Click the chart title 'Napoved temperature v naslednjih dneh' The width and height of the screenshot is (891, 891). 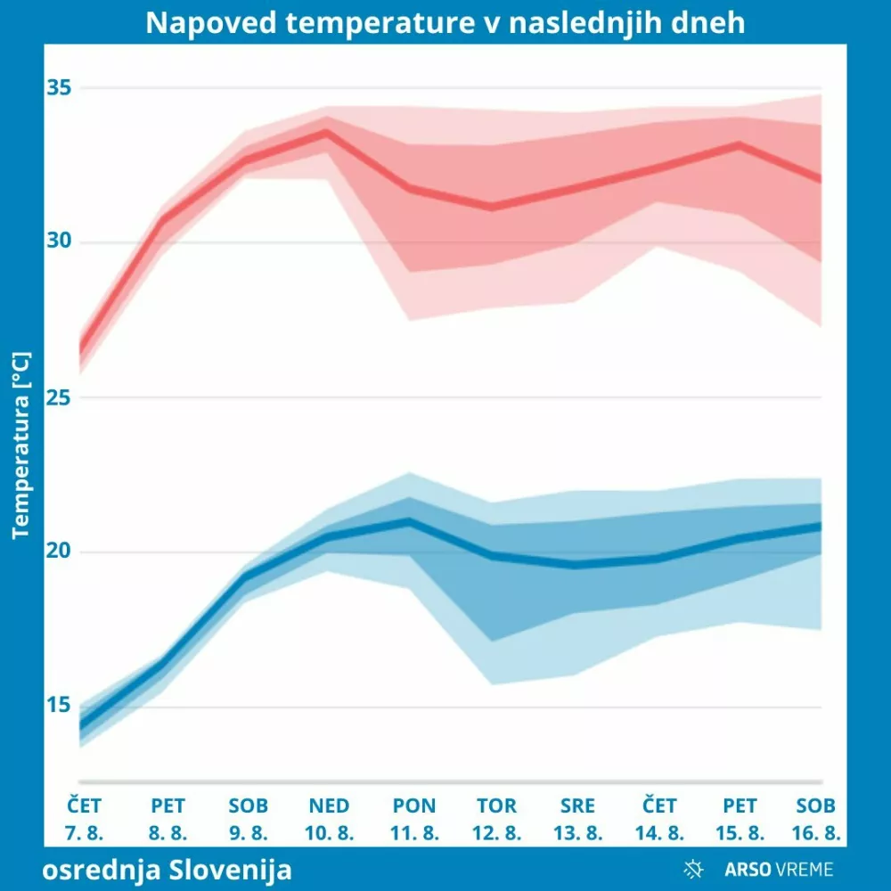coord(445,22)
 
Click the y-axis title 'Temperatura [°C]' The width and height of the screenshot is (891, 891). coord(21,445)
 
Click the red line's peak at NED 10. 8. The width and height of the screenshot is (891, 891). coord(328,131)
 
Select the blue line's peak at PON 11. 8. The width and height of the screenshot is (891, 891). coord(410,520)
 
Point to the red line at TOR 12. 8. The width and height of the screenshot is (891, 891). coord(492,208)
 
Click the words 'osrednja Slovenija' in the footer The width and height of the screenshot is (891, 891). coord(167,869)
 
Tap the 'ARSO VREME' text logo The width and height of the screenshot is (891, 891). coord(779,869)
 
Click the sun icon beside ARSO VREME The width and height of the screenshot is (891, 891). coord(693,869)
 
